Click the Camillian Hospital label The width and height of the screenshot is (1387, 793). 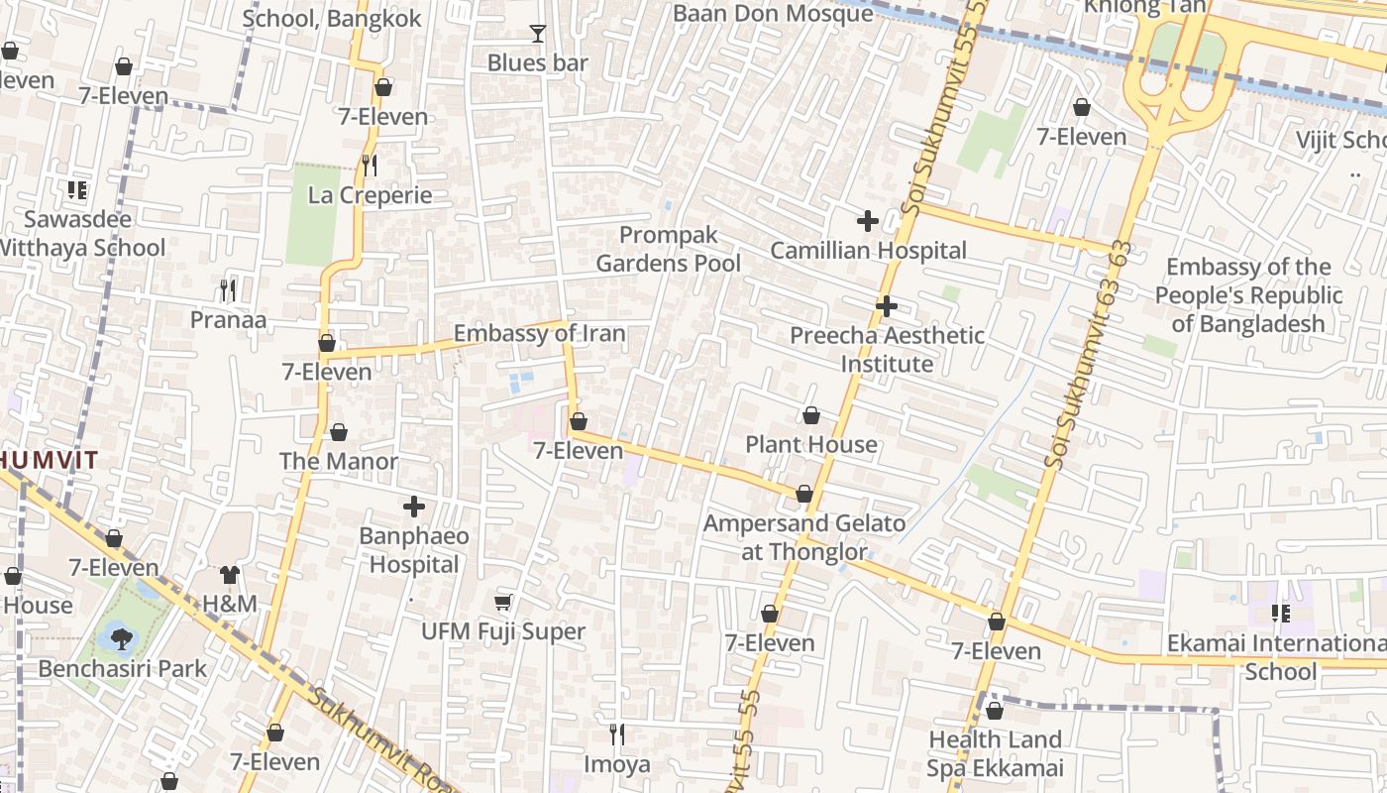point(868,251)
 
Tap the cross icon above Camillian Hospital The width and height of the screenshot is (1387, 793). point(868,221)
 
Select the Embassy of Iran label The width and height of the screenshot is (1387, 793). point(539,333)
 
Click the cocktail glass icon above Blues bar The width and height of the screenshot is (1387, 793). point(537,34)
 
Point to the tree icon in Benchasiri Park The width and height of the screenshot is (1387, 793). point(121,638)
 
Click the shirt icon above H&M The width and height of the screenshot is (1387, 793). point(230,574)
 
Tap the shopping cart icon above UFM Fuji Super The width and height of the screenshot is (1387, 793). point(503,602)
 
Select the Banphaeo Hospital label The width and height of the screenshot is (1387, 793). point(413,550)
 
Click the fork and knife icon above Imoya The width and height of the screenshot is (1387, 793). point(616,734)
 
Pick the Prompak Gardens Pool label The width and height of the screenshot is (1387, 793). point(669,249)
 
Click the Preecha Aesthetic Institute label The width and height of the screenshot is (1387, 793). point(887,349)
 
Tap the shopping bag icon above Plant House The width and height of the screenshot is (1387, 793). point(810,414)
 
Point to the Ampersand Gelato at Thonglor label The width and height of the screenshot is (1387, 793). point(804,537)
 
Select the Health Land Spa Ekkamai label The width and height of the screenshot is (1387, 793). point(995,753)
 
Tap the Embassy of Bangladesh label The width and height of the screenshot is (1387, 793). point(1248,295)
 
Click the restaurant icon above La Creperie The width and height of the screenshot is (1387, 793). point(370,166)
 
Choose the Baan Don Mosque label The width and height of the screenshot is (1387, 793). point(772,13)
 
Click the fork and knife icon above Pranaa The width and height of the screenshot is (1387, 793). point(228,289)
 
